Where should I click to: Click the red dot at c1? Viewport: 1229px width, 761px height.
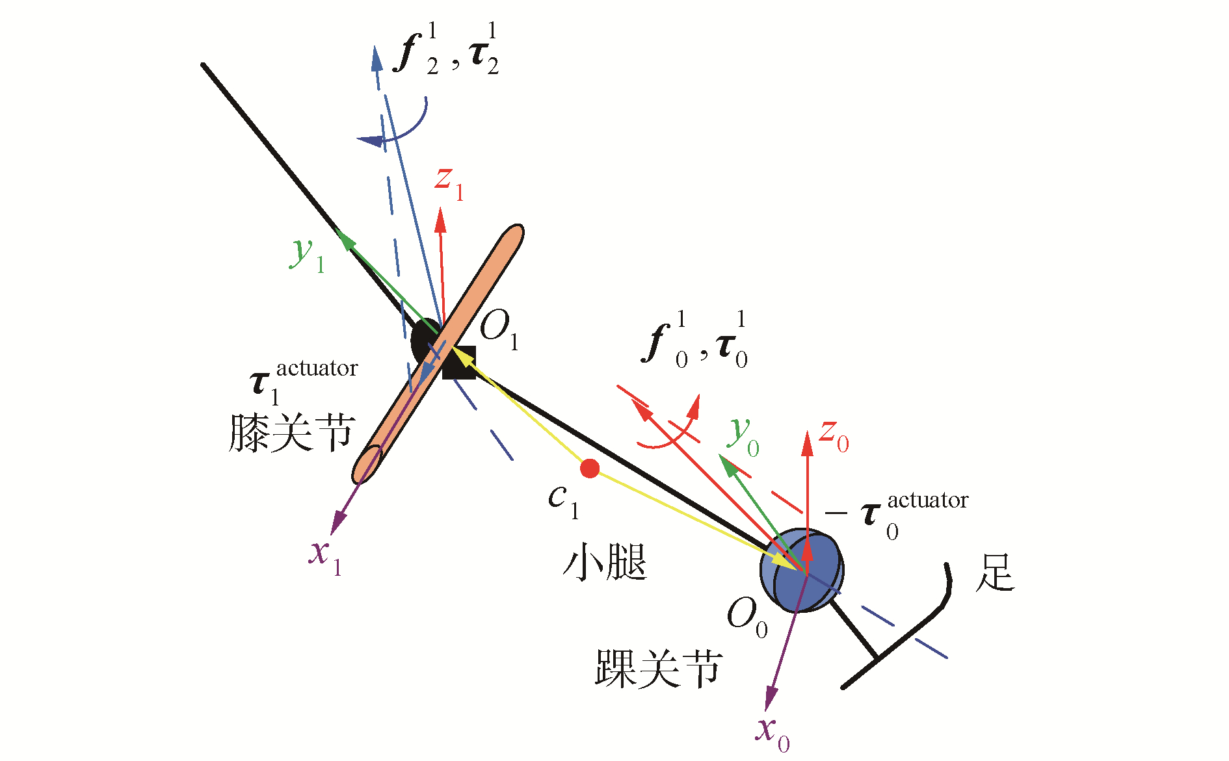(x=590, y=468)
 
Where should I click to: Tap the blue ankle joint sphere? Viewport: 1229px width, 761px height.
(x=802, y=570)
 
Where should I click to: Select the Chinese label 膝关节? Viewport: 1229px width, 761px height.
(x=292, y=433)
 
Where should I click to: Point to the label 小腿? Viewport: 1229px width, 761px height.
(x=605, y=562)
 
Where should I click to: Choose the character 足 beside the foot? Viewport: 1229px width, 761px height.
(x=995, y=573)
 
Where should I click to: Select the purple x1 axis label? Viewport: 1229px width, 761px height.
(x=325, y=556)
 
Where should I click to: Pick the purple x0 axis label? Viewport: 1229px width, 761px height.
(x=773, y=732)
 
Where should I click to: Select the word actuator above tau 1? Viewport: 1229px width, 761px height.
(x=317, y=368)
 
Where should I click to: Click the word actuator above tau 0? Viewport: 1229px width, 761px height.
(x=928, y=500)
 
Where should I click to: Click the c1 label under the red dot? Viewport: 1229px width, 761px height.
(x=562, y=501)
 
